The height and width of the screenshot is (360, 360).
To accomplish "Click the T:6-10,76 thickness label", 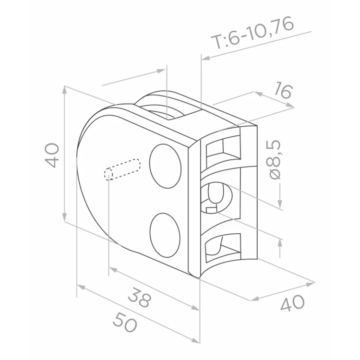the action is click(252, 32).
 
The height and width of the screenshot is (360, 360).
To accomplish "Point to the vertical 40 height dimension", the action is click(52, 155).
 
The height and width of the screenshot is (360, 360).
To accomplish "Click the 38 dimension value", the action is click(140, 298).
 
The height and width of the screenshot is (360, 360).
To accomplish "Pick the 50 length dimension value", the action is click(125, 322).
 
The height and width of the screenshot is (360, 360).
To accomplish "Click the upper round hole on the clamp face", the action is click(165, 166).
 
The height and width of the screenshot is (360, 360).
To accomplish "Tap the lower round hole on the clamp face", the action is click(165, 235).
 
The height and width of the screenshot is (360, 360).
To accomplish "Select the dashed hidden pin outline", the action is click(122, 169).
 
